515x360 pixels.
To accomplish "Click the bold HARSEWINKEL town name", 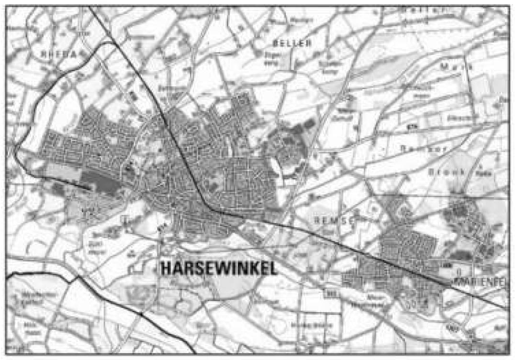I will [x=219, y=268].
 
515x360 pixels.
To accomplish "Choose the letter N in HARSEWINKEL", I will [x=241, y=268].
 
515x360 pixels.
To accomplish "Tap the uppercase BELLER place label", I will [x=288, y=43].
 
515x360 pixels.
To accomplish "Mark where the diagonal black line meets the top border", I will [x=89, y=6].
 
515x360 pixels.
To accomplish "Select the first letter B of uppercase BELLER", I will [x=268, y=43].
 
